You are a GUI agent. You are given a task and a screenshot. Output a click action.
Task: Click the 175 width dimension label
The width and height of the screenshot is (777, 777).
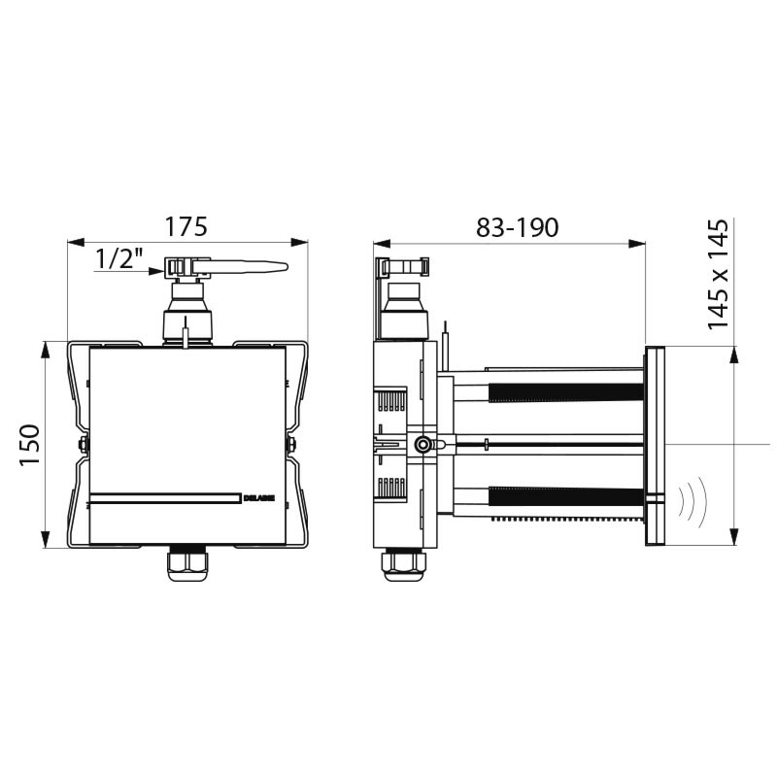[186, 226]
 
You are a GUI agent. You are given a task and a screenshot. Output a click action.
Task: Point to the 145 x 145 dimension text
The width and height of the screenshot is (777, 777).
[720, 276]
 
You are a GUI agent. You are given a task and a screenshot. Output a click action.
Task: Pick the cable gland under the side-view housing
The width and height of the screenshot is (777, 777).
[400, 563]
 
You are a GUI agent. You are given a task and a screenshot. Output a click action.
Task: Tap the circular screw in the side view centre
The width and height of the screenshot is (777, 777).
[422, 445]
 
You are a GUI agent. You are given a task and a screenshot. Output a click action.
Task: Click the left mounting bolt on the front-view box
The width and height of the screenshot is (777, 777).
[82, 445]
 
